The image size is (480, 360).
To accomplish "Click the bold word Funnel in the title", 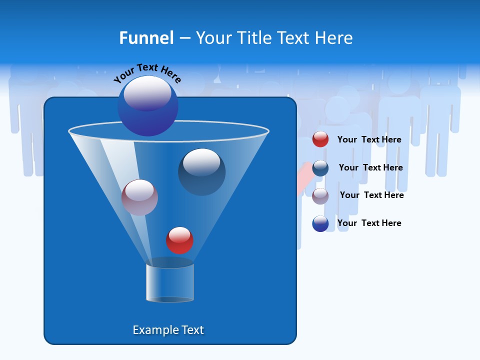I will (x=146, y=38).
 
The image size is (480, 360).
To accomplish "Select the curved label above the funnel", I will (x=147, y=72).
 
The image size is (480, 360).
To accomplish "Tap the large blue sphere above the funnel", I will (x=148, y=106).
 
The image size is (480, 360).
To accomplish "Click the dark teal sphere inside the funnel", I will (x=202, y=172).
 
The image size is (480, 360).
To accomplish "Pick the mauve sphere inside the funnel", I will (x=139, y=197).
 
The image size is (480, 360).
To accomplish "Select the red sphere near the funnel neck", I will (x=179, y=240).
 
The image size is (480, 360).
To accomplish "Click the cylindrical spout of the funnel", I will (x=170, y=282).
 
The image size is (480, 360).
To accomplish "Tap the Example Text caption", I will (x=168, y=330).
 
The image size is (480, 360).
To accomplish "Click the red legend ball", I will (x=320, y=139).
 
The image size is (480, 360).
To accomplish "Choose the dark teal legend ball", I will (x=320, y=168).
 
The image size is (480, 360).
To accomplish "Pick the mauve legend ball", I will (x=320, y=195).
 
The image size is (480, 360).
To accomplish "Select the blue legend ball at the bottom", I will (x=320, y=223).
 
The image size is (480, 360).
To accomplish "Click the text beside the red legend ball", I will (x=369, y=139).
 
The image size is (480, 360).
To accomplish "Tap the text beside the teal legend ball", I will (x=370, y=167).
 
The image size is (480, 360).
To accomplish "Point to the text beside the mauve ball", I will (x=371, y=195).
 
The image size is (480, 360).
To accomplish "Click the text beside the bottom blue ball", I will (x=369, y=223).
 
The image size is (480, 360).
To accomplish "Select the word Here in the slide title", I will (x=334, y=38).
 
